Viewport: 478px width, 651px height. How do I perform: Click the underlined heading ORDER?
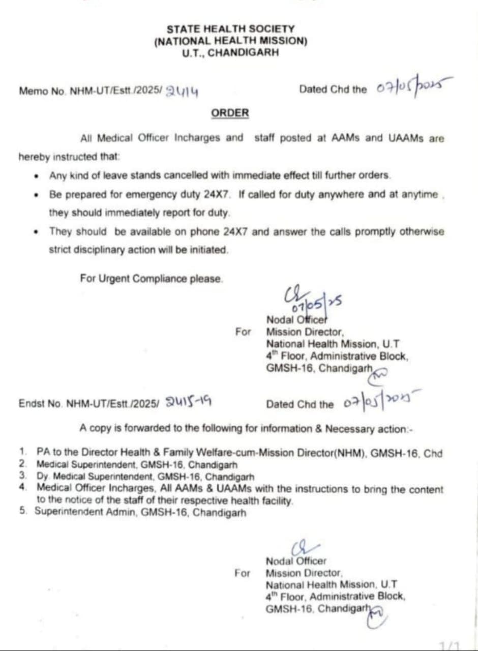(230, 113)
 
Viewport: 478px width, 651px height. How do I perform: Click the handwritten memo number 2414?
(182, 91)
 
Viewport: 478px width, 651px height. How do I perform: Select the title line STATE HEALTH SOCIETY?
(230, 29)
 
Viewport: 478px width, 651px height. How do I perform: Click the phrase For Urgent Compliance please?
(151, 279)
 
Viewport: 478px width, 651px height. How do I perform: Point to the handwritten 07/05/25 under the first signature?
(316, 305)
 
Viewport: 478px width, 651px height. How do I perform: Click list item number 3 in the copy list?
(23, 476)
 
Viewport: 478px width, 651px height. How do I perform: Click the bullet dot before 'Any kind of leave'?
(36, 176)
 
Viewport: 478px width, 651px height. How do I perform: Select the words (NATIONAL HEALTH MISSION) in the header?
(230, 41)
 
